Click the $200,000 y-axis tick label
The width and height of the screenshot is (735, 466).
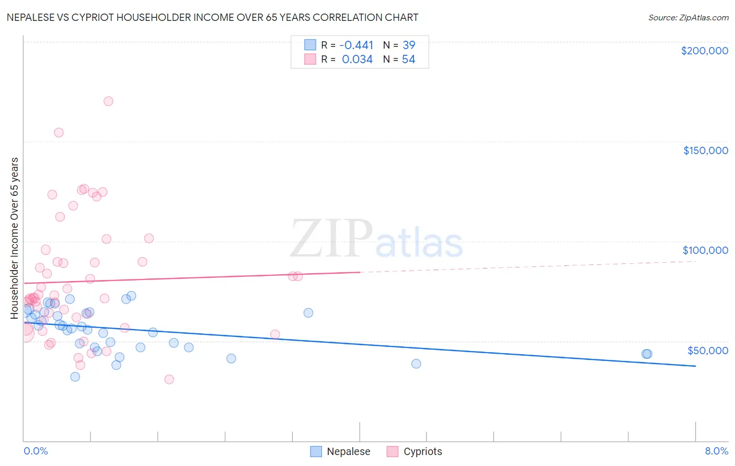coord(704,51)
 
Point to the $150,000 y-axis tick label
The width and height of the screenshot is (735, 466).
coord(705,150)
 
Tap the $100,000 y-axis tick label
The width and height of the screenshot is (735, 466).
coord(705,250)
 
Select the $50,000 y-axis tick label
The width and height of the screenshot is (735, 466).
coord(707,350)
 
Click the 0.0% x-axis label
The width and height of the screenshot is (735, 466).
coord(36,451)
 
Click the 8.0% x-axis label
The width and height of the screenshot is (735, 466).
coord(716,451)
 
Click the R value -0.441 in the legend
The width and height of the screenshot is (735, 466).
coord(356,45)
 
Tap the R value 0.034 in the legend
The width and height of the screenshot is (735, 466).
coord(357,60)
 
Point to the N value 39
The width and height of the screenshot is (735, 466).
coord(409,45)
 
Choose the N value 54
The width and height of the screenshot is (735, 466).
coord(409,60)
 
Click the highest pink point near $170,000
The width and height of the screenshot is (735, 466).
coord(108,101)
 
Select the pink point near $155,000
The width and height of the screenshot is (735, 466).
coord(59,133)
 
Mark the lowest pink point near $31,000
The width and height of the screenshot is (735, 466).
coord(169,379)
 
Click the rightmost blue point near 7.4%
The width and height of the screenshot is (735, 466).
coord(647,354)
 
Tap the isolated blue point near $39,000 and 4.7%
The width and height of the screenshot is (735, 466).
coord(416,364)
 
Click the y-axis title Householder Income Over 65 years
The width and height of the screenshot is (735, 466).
coord(15,238)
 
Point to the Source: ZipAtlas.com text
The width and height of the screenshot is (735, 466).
coord(688,18)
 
